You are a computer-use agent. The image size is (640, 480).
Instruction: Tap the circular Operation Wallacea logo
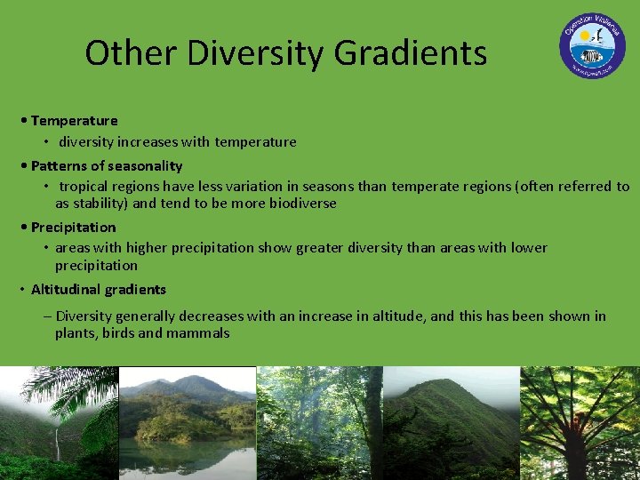(x=592, y=45)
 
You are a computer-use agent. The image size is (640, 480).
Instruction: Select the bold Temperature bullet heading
(x=74, y=120)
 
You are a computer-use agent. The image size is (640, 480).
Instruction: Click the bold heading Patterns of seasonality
(x=106, y=165)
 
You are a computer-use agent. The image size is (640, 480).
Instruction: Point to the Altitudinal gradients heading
(x=98, y=289)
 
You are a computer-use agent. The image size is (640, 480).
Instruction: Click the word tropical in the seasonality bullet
(x=85, y=186)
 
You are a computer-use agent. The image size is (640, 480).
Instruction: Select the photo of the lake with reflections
(x=187, y=424)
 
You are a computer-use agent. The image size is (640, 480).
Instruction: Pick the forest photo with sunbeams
(x=320, y=424)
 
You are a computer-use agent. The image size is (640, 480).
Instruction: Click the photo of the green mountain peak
(x=451, y=424)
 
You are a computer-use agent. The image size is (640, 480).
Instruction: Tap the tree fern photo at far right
(x=580, y=424)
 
